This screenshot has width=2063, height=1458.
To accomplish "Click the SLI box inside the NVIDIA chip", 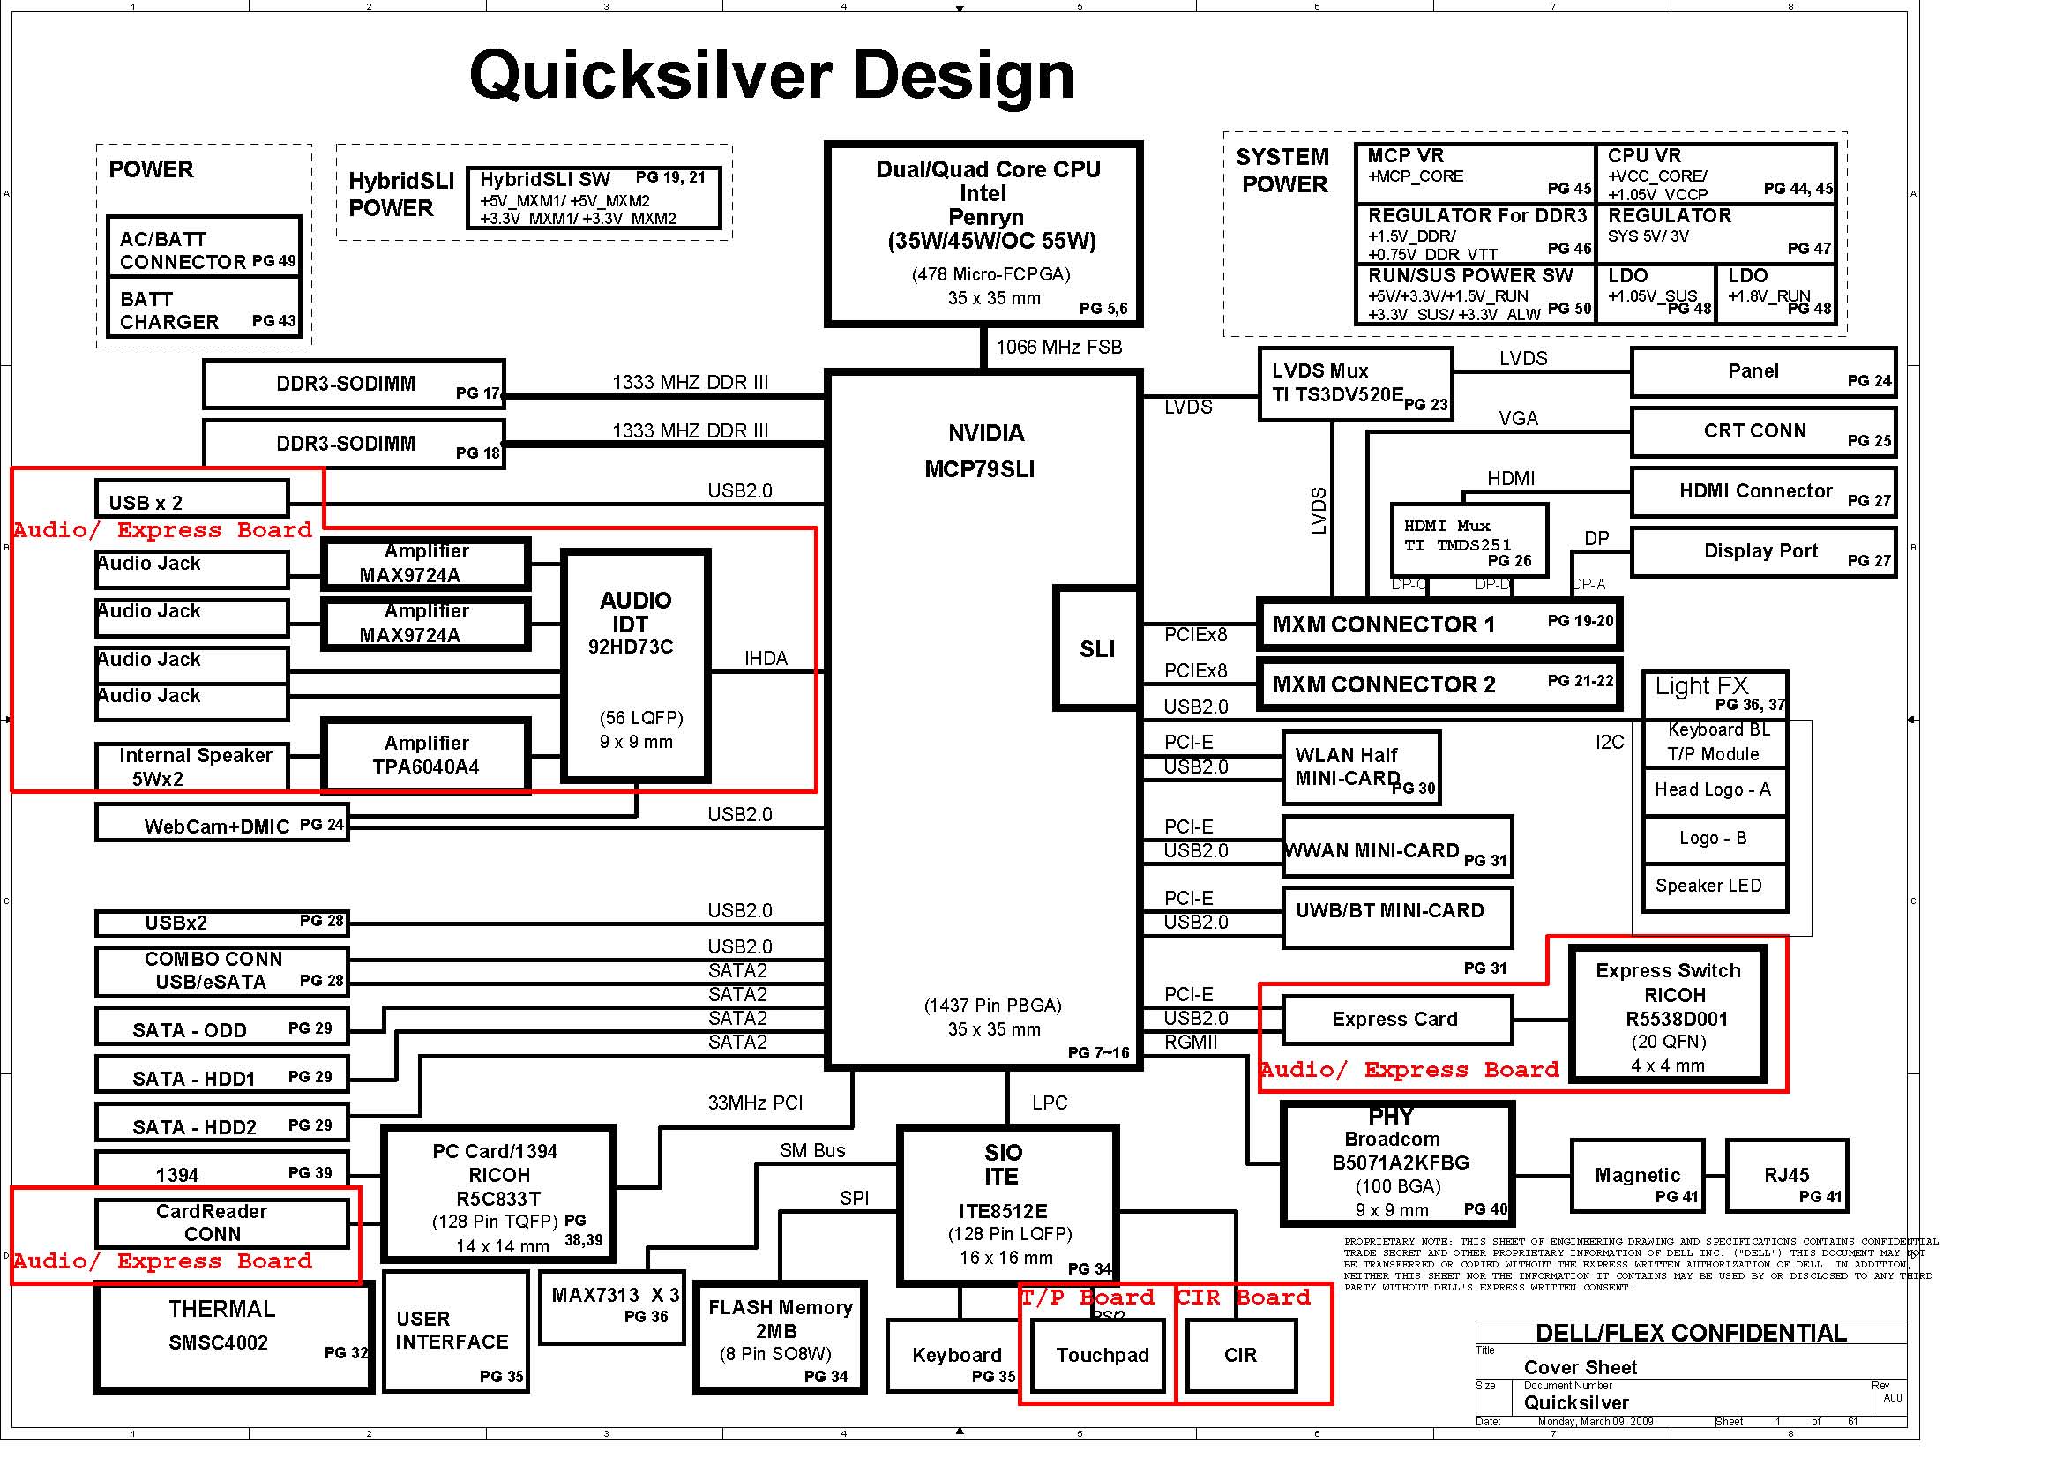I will pos(1096,648).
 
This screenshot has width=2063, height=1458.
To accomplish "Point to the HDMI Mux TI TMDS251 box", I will pos(1469,539).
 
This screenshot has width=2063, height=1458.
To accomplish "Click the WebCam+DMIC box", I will pos(221,824).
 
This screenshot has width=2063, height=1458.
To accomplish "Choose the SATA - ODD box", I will pos(221,1028).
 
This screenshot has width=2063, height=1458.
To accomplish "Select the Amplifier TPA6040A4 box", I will pos(425,755).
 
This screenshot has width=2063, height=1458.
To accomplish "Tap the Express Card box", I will pos(1395,1020).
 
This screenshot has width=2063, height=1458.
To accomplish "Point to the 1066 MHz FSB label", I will pos(1058,348).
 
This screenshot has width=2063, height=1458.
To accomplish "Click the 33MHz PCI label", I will pos(755,1103).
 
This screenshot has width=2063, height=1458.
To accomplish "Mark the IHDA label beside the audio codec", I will pos(766,659).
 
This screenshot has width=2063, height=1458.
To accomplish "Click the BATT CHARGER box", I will pos(203,309).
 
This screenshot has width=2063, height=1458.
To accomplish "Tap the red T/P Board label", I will pos(1088,1298).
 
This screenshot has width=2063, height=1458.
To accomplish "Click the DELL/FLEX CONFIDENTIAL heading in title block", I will pos(1690,1334).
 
